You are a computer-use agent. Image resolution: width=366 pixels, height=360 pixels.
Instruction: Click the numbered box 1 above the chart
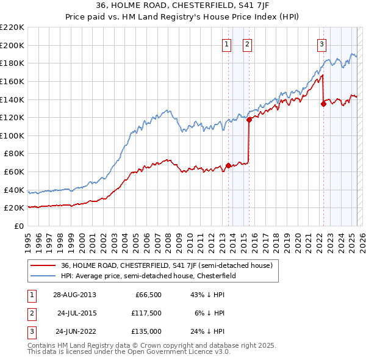[227, 44]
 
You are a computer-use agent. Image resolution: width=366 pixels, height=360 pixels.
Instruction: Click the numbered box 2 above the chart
[248, 44]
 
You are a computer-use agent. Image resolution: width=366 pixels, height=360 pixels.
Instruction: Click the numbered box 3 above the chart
[321, 44]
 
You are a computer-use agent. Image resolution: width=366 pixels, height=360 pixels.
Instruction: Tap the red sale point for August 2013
[228, 165]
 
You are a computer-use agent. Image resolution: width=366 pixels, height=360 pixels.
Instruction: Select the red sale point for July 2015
[249, 120]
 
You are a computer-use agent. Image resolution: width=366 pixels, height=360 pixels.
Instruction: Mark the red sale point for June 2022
[323, 104]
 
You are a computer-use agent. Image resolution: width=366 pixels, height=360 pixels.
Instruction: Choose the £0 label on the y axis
[20, 226]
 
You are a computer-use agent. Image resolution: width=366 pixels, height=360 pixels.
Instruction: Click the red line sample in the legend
[43, 265]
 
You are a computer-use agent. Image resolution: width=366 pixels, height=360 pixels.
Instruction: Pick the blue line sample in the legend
[43, 276]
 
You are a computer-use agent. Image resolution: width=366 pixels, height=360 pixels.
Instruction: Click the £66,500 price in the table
[148, 295]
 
